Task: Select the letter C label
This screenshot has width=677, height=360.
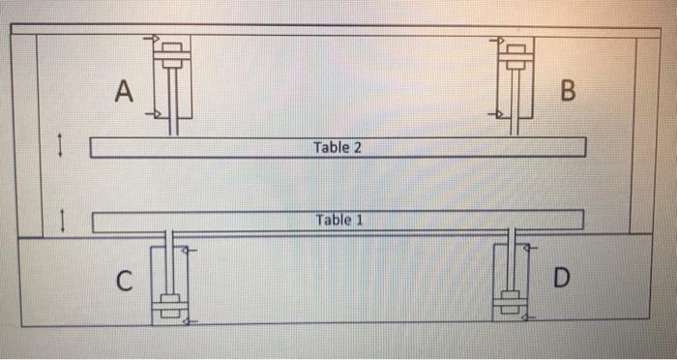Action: point(122,281)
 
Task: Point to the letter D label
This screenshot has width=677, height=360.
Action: point(565,280)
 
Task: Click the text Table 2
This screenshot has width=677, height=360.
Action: point(338,148)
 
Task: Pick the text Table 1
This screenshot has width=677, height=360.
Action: point(338,220)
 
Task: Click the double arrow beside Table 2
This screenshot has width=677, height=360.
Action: point(61,146)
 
